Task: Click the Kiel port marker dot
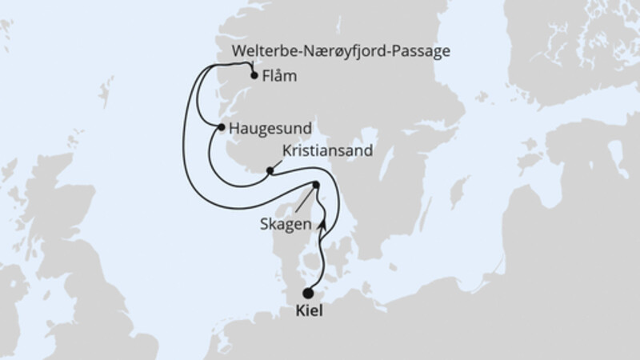[309, 294]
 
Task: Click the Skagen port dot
[315, 186]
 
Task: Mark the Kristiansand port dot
[270, 170]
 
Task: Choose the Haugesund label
[270, 127]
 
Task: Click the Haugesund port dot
[220, 126]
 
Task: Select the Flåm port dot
[254, 77]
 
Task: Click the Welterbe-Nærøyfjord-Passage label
[340, 51]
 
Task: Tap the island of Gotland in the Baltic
[458, 193]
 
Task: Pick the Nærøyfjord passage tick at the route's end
[251, 65]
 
